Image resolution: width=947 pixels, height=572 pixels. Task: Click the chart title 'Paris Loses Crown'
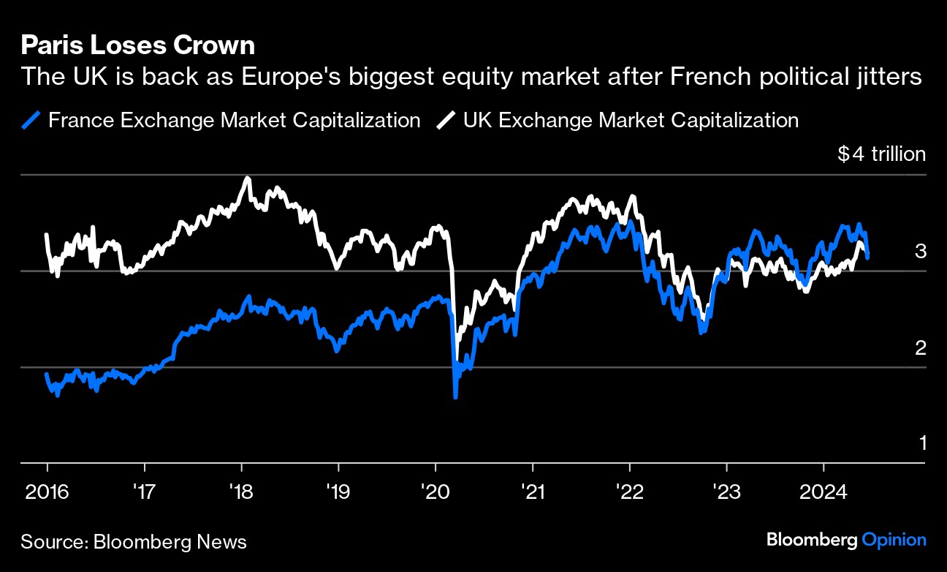[x=138, y=46]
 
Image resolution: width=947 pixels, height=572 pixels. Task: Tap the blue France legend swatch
[x=31, y=120]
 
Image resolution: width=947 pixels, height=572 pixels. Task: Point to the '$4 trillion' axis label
[x=881, y=154]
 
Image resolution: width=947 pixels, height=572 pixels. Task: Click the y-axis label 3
[x=921, y=252]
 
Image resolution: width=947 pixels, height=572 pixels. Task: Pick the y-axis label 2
[x=921, y=347]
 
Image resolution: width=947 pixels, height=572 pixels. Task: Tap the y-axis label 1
[x=921, y=443]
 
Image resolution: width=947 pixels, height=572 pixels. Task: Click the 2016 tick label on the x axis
[x=47, y=491]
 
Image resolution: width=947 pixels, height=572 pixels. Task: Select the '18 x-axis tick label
[x=241, y=491]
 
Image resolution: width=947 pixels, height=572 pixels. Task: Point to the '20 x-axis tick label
[x=436, y=491]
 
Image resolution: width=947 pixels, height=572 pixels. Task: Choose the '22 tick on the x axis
[x=629, y=491]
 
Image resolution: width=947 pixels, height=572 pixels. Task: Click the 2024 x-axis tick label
[x=824, y=491]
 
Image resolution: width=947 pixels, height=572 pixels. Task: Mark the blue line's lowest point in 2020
[x=455, y=397]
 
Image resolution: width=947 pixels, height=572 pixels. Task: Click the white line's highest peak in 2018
[x=247, y=178]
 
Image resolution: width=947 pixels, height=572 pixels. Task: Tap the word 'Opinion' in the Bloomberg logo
[x=894, y=540]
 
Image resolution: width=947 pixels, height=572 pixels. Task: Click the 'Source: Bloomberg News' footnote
[x=134, y=542]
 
